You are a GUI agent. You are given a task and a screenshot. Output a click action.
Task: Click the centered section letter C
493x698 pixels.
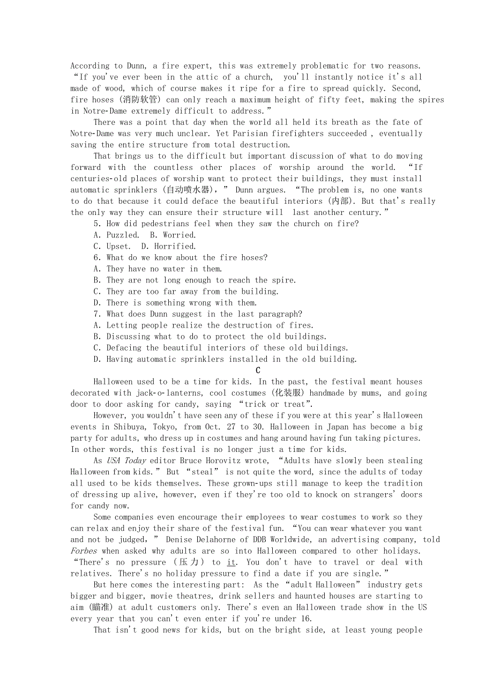coord(258,370)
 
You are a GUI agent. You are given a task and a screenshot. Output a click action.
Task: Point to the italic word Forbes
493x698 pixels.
coord(84,551)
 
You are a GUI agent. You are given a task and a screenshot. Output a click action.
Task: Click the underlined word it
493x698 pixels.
coord(231,562)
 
